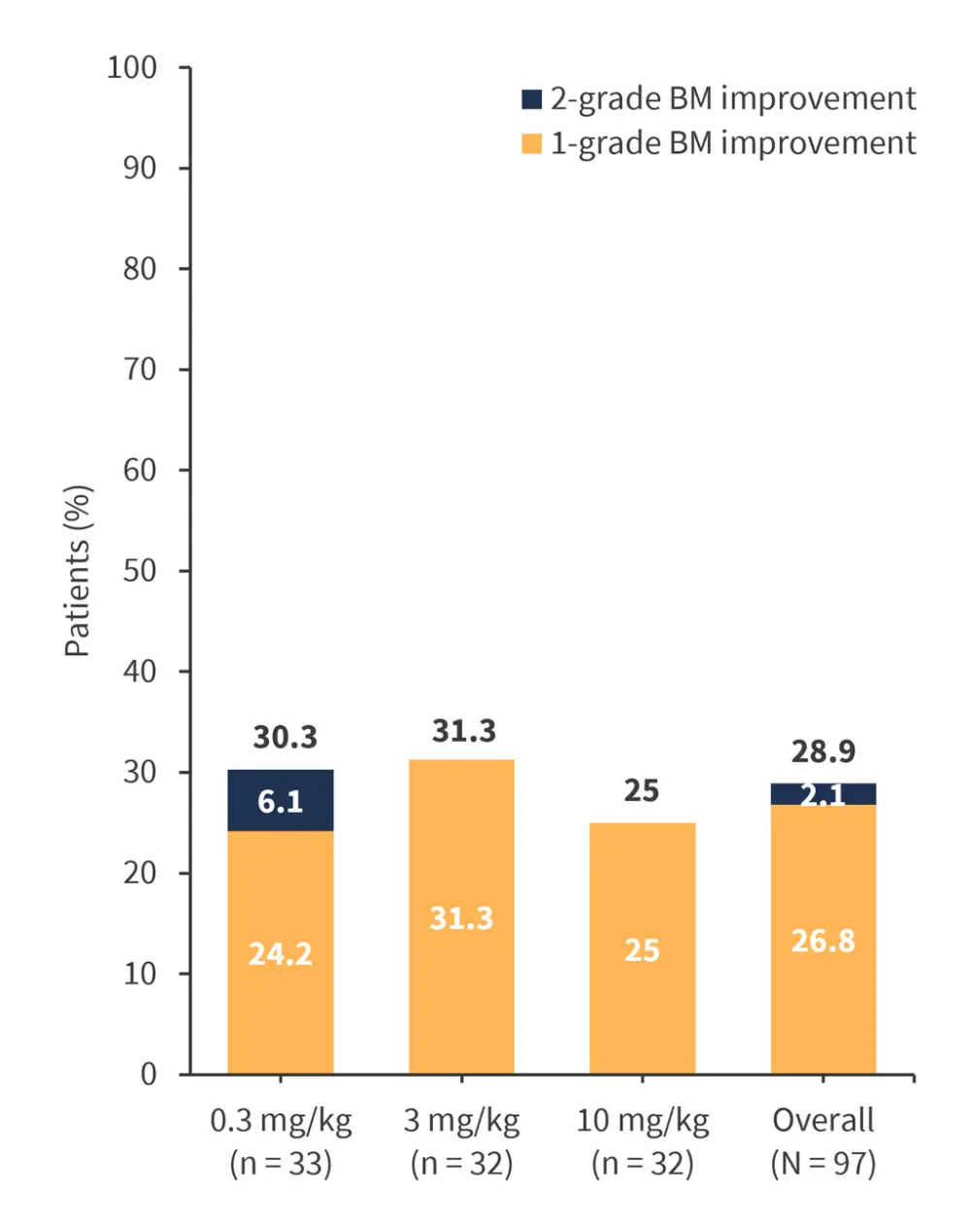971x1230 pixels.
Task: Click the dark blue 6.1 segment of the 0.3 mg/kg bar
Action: point(281,801)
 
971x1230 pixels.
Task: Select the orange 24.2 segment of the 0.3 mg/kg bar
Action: point(281,951)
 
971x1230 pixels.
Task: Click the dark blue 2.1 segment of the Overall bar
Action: point(823,794)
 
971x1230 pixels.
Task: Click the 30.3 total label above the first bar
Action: point(285,737)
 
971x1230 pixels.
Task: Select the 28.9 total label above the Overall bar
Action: point(823,751)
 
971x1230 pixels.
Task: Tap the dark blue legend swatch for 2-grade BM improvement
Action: point(531,99)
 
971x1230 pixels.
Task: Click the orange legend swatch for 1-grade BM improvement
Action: point(531,144)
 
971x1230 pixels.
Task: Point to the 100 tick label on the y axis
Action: point(132,68)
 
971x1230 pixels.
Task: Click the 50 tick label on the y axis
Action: point(140,571)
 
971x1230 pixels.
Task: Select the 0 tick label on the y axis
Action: point(148,1074)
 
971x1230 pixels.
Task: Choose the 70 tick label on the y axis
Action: point(140,370)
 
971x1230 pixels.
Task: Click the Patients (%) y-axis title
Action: point(78,571)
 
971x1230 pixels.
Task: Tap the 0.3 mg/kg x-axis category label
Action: point(281,1120)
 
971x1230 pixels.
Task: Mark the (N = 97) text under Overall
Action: point(823,1162)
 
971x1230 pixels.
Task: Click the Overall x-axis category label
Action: point(823,1120)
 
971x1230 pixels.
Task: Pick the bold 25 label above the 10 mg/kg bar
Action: point(642,791)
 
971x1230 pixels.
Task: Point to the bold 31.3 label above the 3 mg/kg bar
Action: point(463,731)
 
